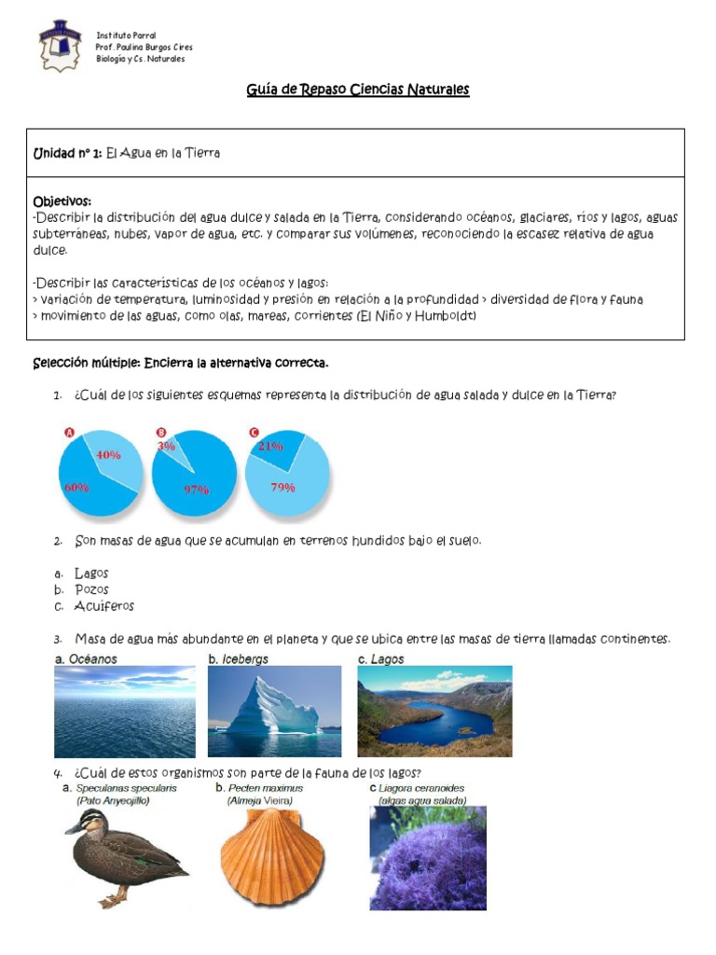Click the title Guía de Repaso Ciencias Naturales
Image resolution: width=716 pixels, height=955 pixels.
[358, 90]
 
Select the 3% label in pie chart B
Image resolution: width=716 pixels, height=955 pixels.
[167, 446]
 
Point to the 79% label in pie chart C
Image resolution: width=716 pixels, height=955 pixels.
[282, 487]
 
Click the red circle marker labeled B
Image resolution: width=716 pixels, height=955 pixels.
[160, 432]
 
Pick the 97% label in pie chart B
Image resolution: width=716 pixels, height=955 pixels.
[197, 489]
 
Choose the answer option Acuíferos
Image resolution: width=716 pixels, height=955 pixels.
[104, 606]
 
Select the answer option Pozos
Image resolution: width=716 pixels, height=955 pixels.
[91, 589]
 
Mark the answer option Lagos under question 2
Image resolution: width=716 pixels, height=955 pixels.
[91, 573]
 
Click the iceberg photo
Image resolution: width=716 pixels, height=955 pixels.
[274, 711]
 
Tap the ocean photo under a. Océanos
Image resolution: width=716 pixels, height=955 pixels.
[125, 711]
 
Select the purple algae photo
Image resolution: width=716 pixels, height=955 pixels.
[428, 858]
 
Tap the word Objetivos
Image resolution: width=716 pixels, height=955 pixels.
[62, 201]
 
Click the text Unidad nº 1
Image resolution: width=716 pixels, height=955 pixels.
[67, 153]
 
